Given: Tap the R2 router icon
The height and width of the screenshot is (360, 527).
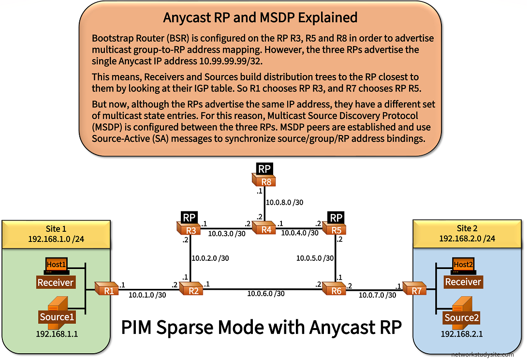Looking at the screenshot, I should [x=191, y=290].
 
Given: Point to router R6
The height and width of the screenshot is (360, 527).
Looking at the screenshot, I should [x=335, y=290].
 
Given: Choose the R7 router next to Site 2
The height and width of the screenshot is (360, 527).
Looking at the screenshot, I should [x=415, y=290].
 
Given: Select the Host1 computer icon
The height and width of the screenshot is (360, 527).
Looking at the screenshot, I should [x=56, y=265].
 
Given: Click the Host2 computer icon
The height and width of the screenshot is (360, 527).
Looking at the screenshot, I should [x=463, y=265].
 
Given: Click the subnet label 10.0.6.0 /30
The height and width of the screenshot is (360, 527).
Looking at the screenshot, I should [x=266, y=293].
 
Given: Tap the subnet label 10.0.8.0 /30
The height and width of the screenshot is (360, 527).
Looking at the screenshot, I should [x=286, y=202].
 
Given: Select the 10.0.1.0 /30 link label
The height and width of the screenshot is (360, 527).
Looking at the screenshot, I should [x=147, y=294].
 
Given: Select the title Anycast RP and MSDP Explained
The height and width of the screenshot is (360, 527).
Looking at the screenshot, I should [x=260, y=17].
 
